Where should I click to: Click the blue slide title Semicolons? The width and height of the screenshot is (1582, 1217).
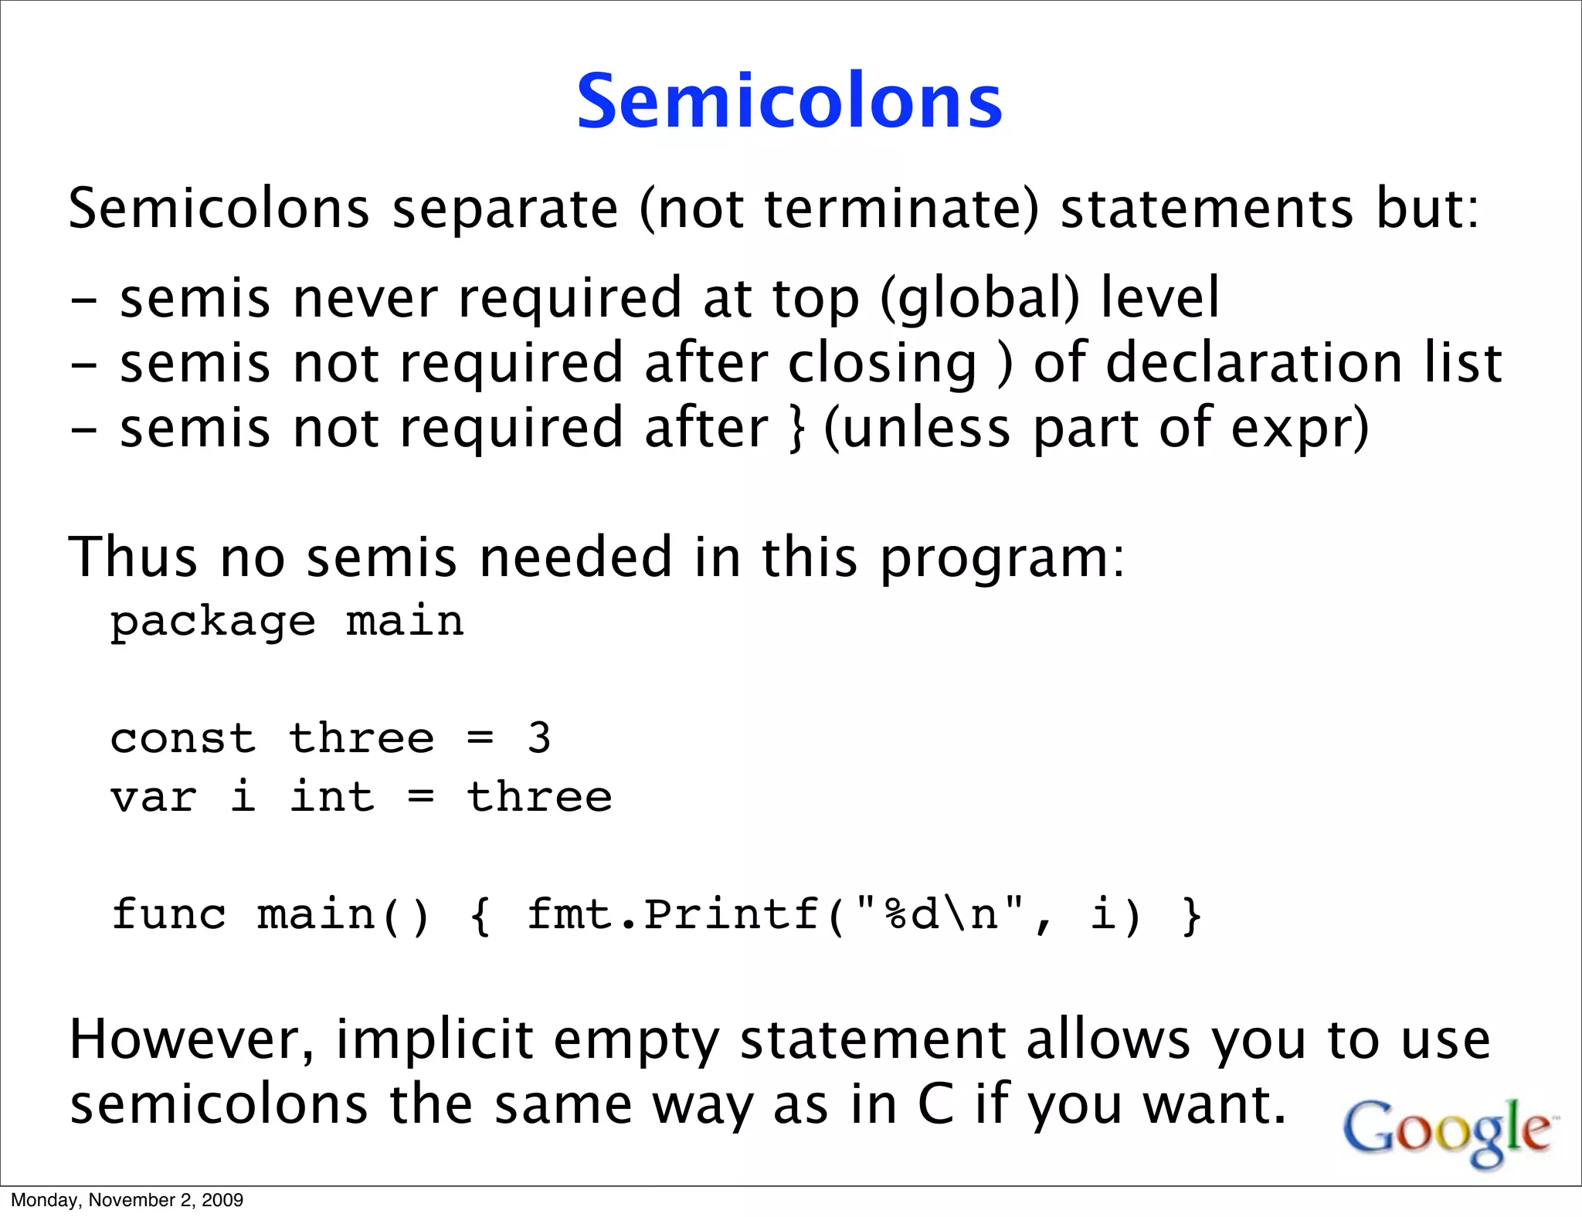789,102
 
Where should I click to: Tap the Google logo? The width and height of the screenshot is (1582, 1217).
1447,1131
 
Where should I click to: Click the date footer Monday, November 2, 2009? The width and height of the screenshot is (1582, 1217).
127,1200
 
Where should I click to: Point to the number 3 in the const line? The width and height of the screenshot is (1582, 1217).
538,738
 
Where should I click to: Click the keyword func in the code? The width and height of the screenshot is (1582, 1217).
169,915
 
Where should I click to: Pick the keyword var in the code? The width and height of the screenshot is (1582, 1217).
154,798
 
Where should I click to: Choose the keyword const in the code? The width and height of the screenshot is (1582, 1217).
183,739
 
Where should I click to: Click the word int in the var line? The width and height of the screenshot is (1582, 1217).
332,797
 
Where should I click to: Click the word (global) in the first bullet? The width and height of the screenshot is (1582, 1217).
979,298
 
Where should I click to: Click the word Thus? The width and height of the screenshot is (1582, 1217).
133,557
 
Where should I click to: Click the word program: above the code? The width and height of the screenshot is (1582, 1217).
1003,558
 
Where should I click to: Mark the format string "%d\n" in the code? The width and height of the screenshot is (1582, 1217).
940,915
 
